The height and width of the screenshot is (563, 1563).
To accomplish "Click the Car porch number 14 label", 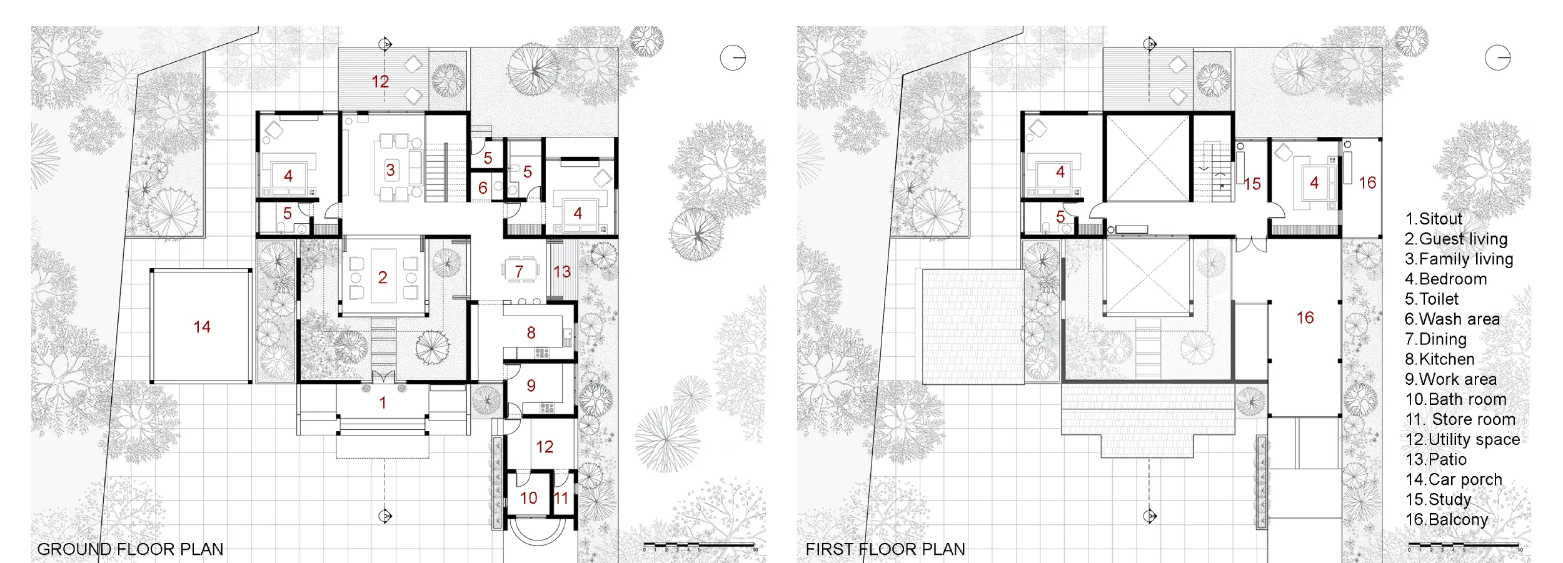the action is coord(202,327).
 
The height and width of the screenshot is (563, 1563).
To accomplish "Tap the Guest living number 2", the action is coord(383,277).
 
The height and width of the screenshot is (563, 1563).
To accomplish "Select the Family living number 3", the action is coord(390,170).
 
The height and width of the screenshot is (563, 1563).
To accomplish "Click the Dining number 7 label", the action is coord(519,271).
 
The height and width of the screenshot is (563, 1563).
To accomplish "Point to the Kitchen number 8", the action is coord(531,332).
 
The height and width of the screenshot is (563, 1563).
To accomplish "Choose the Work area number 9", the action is coord(531,386).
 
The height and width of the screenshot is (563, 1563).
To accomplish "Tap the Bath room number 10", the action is coord(528,498).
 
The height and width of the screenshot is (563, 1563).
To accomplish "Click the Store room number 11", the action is coord(561,498).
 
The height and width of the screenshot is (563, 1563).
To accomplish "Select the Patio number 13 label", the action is coord(561,272).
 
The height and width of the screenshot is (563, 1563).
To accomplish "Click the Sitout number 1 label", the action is coord(383,403).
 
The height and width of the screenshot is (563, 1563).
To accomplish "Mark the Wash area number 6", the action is coord(483,187).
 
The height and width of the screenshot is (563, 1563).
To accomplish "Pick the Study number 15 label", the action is coord(1252,184).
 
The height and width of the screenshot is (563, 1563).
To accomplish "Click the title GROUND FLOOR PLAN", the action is coord(130,549).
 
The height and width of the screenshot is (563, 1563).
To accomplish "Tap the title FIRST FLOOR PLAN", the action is coord(885,549).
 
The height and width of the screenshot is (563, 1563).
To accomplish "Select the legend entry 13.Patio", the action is coord(1435,459).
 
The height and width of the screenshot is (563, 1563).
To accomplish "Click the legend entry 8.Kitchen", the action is coord(1440,359).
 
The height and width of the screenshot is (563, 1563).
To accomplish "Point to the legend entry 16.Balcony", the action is coord(1447,519).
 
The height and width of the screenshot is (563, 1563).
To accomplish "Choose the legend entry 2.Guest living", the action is coord(1456,239).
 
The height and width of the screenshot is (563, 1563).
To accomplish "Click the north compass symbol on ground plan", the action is coord(733,58).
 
